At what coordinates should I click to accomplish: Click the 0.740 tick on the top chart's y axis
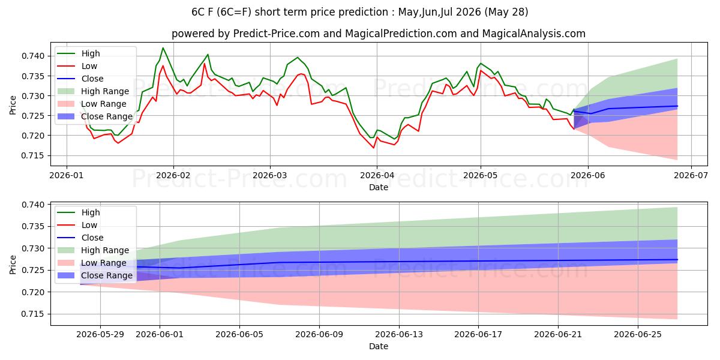33,56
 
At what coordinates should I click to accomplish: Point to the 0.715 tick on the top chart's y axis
33,156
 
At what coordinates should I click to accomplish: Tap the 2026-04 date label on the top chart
377,175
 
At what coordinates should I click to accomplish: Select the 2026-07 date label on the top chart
691,175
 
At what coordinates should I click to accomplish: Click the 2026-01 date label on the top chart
67,175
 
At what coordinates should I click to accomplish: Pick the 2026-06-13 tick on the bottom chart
399,335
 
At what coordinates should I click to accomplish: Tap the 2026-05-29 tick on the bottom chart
100,335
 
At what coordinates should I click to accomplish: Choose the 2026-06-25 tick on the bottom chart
638,335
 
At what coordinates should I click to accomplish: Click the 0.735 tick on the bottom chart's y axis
33,227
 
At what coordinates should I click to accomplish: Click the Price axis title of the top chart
13,105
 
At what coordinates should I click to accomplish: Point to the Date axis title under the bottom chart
379,346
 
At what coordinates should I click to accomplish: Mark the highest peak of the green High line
163,48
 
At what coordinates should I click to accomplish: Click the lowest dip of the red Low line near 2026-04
373,148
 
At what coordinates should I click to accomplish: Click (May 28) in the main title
506,12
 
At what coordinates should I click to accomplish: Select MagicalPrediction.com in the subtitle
401,34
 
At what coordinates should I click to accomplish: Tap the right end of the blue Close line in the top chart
677,106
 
